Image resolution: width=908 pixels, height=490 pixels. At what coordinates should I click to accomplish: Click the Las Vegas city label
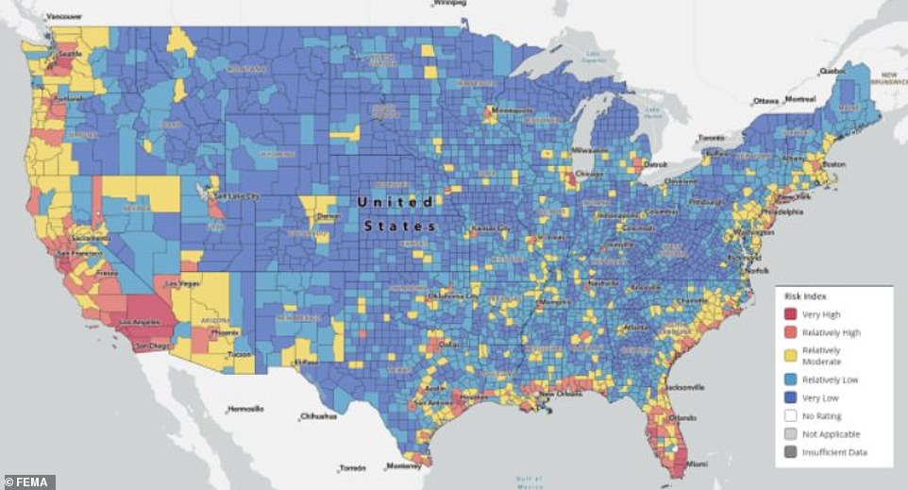[182, 283]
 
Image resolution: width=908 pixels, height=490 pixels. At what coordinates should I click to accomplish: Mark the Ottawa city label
[766, 101]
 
